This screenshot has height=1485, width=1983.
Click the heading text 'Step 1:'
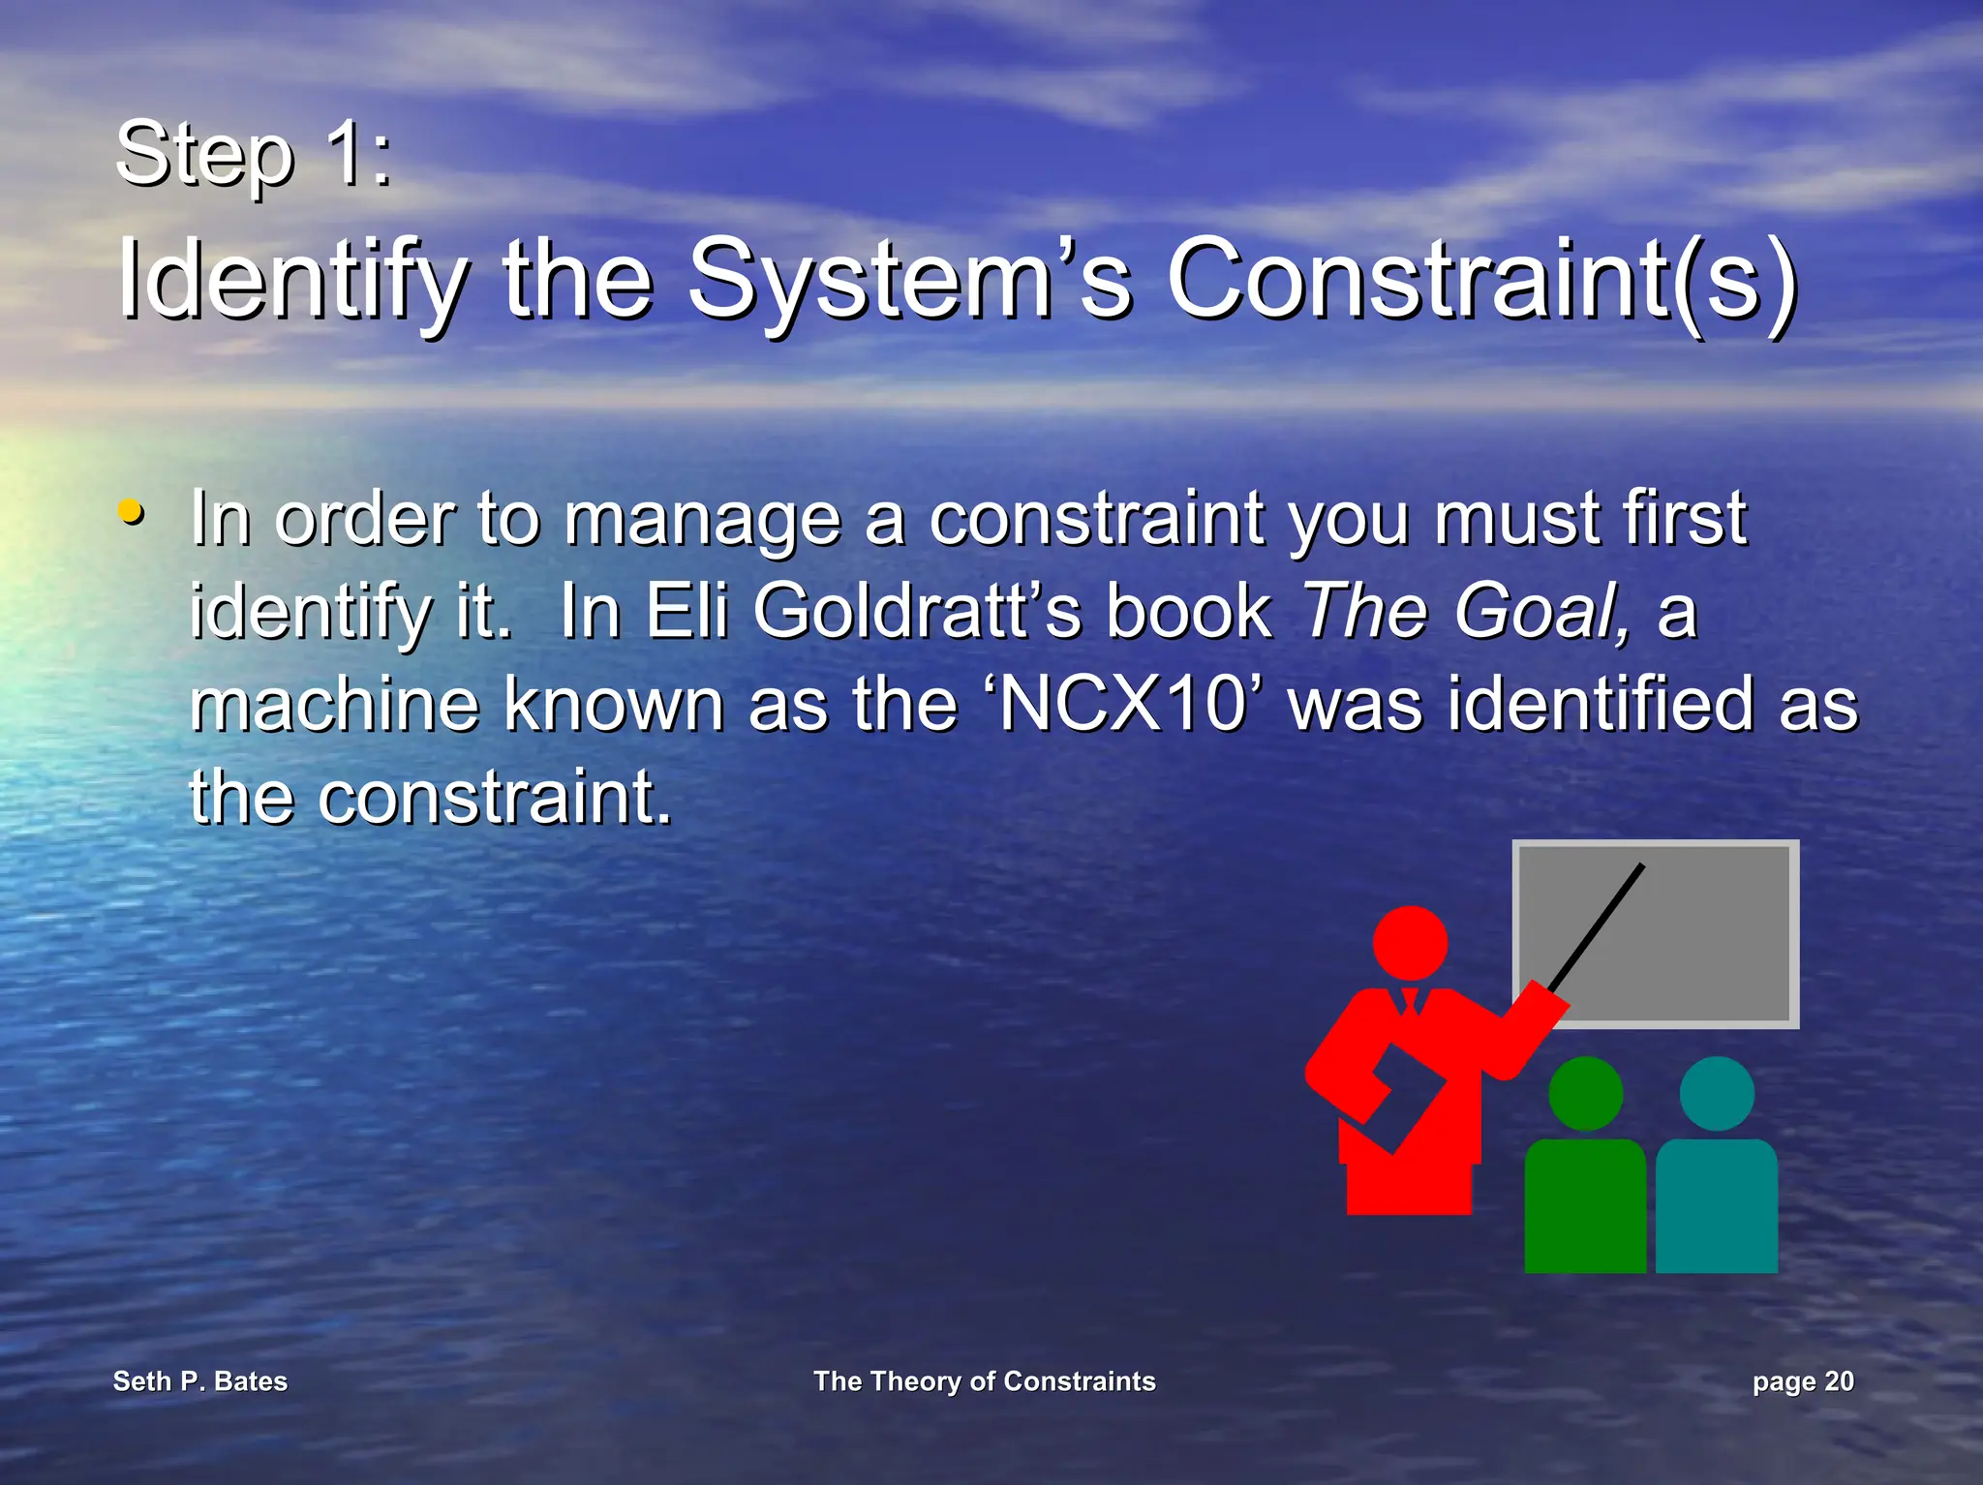254,155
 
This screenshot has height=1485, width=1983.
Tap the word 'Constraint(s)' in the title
1481,281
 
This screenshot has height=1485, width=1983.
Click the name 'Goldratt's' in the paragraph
916,612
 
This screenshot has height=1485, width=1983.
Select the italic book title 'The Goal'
1462,612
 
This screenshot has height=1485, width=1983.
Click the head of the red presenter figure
1411,942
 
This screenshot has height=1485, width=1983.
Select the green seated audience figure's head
1585,1093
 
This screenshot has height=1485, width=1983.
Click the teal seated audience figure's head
1717,1093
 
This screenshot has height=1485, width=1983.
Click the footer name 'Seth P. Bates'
200,1381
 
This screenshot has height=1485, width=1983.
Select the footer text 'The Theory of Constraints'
984,1381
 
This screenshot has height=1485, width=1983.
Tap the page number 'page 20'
1802,1381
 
